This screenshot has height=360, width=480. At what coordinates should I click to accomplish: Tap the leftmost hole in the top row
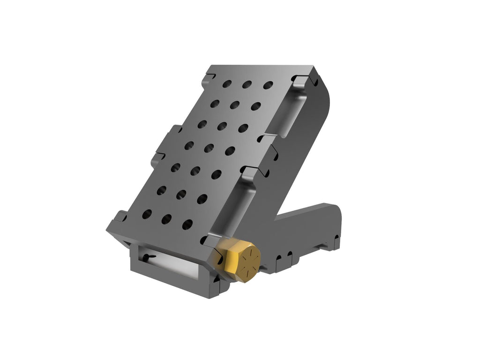tap(227, 83)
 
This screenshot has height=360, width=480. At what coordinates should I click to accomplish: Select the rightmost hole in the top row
tap(268, 85)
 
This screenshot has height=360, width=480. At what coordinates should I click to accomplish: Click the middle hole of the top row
tap(247, 84)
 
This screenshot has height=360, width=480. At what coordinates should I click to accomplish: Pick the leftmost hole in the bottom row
tap(147, 214)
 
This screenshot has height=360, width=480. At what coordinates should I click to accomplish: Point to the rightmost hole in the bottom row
tap(187, 224)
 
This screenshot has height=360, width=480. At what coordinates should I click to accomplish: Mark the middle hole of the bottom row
tap(167, 219)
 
